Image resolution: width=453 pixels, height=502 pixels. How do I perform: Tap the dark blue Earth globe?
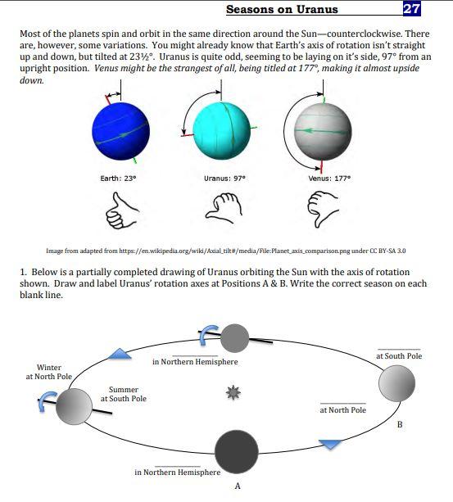click(x=120, y=132)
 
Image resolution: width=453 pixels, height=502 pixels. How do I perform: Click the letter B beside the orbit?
click(x=399, y=424)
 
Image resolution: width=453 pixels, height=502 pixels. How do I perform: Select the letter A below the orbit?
click(x=237, y=486)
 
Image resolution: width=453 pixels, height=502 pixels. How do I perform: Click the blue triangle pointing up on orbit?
click(x=120, y=354)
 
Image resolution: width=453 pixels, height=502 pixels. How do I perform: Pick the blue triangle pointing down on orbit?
click(x=330, y=443)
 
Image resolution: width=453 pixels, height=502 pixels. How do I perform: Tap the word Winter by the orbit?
click(x=49, y=368)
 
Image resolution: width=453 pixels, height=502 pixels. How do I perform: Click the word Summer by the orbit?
click(x=123, y=389)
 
